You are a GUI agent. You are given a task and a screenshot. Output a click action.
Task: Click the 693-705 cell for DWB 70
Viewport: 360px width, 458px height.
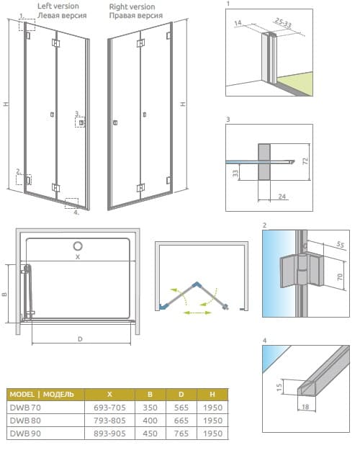pyautogui.click(x=109, y=408)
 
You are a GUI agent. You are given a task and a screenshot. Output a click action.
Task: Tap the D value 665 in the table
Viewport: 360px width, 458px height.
pyautogui.click(x=181, y=421)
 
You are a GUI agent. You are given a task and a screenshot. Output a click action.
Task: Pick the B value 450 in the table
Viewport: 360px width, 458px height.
pyautogui.click(x=150, y=434)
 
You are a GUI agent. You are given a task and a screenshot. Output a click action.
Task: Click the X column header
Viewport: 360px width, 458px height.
pyautogui.click(x=109, y=395)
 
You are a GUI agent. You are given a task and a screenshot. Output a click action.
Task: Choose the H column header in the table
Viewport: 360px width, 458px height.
pyautogui.click(x=212, y=395)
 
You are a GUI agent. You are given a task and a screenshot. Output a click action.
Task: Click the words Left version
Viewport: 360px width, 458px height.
pyautogui.click(x=58, y=6)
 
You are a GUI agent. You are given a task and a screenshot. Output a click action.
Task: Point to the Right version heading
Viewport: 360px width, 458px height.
pyautogui.click(x=132, y=6)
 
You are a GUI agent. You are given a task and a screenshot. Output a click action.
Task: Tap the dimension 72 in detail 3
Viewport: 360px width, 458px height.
pyautogui.click(x=305, y=161)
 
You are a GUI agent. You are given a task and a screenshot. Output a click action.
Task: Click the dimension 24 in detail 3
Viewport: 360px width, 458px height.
pyautogui.click(x=282, y=197)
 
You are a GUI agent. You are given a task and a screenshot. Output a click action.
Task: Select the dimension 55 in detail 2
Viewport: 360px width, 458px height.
pyautogui.click(x=340, y=244)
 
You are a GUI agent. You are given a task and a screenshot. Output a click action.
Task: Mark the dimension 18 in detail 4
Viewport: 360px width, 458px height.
pyautogui.click(x=305, y=407)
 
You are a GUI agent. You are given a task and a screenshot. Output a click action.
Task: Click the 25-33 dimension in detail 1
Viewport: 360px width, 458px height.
pyautogui.click(x=283, y=23)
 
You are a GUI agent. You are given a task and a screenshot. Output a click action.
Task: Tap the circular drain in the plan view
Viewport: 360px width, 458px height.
pyautogui.click(x=78, y=246)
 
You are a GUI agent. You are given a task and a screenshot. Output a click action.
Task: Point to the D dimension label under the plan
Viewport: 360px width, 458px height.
pyautogui.click(x=80, y=339)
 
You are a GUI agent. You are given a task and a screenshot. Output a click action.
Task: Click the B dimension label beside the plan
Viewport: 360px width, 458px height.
pyautogui.click(x=4, y=295)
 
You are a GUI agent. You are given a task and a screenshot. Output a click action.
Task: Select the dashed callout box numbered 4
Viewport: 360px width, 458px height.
pyautogui.click(x=71, y=203)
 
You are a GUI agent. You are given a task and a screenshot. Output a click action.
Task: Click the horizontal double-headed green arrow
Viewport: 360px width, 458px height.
pyautogui.click(x=197, y=313)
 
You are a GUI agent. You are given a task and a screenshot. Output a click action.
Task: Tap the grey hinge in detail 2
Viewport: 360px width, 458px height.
pyautogui.click(x=302, y=271)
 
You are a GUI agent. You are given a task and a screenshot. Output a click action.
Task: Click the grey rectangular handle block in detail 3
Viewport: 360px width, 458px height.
pyautogui.click(x=264, y=161)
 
